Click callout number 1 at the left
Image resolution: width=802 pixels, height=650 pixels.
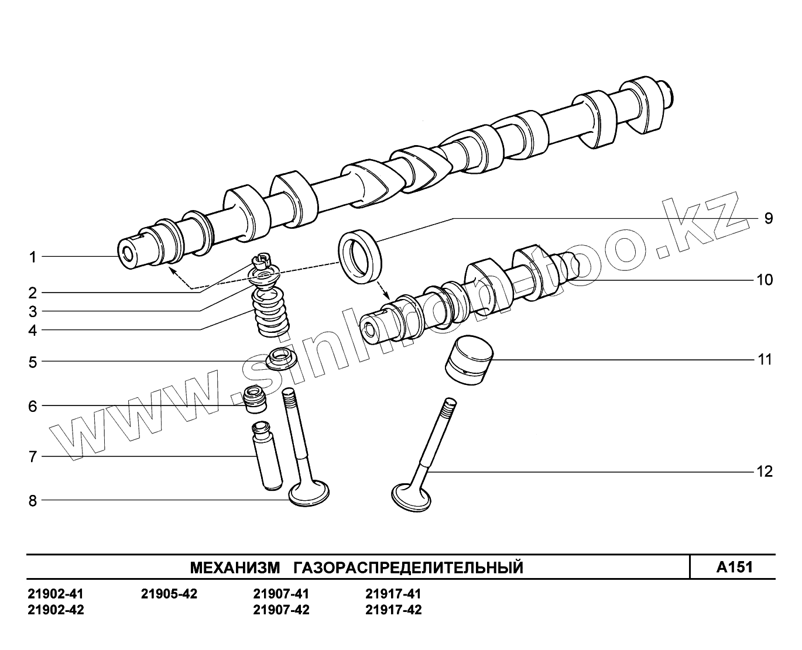click(x=33, y=257)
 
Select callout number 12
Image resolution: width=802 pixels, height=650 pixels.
click(x=765, y=471)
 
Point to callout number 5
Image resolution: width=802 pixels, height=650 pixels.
click(x=33, y=362)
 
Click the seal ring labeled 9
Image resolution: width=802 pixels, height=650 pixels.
click(x=359, y=256)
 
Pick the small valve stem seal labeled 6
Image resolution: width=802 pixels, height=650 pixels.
click(x=255, y=400)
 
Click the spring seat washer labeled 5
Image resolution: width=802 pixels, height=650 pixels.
click(x=281, y=358)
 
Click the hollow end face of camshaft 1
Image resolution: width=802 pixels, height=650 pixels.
click(x=126, y=253)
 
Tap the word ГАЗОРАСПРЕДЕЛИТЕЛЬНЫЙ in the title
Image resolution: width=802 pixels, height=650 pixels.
click(x=407, y=568)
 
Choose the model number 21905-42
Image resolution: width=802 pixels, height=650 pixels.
click(x=169, y=594)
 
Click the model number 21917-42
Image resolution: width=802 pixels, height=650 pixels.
click(x=393, y=610)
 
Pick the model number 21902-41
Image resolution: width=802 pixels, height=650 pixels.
click(x=56, y=594)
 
